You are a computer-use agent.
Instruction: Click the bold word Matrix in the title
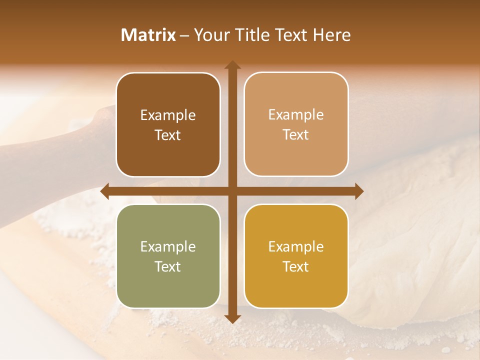pos(148,35)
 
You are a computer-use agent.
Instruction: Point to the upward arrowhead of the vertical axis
pos(232,64)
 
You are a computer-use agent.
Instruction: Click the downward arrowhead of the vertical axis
pos(232,318)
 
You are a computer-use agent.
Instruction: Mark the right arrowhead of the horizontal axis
pos(359,191)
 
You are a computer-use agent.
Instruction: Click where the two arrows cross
pos(232,191)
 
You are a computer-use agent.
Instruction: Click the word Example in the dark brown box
pos(168,115)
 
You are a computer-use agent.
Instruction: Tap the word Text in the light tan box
pos(296,135)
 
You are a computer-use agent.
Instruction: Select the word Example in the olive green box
pos(168,246)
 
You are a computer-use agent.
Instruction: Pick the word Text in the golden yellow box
pos(296,266)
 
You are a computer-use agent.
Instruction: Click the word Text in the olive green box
pos(168,266)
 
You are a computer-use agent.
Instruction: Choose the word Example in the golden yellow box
pos(296,246)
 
